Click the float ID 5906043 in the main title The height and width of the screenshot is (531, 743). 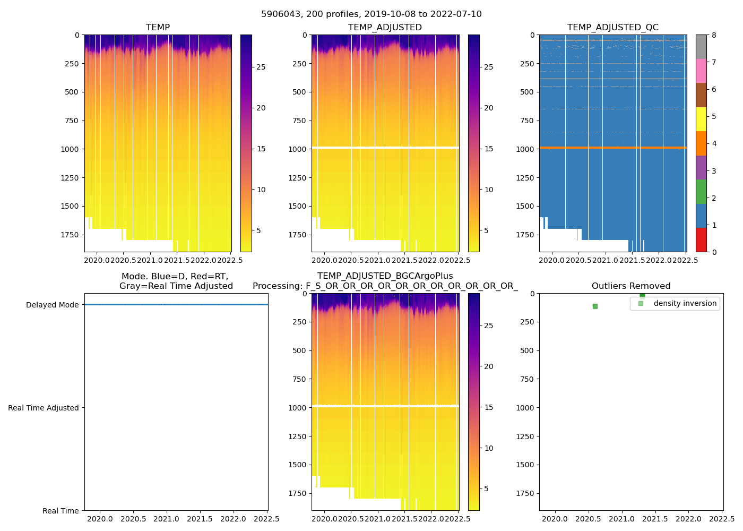(280, 14)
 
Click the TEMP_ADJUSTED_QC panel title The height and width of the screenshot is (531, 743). (612, 28)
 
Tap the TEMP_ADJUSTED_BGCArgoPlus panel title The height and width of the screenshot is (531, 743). (385, 276)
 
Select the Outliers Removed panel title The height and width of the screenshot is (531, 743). (631, 286)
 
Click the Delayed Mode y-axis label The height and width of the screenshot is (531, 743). (52, 305)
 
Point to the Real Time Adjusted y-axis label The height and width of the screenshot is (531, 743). (43, 408)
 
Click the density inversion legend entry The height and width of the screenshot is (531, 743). (685, 304)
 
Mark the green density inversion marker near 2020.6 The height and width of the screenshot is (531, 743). (595, 306)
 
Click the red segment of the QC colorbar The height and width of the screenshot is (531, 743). (701, 240)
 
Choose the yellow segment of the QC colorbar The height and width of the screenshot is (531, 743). (701, 119)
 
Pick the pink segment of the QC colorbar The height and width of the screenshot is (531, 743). (701, 71)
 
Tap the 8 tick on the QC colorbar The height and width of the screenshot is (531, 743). (714, 35)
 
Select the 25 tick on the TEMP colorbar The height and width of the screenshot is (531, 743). (261, 67)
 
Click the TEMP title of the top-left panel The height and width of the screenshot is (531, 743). (158, 28)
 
